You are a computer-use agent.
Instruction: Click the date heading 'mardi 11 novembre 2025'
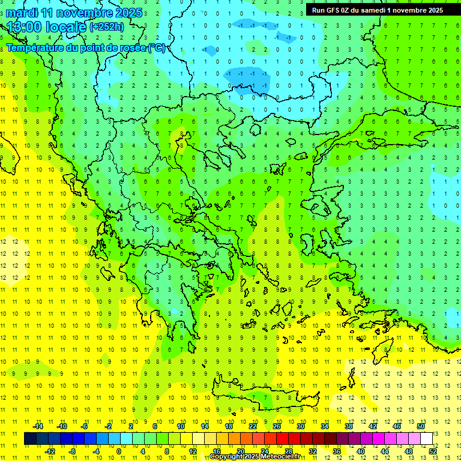[x=74, y=13]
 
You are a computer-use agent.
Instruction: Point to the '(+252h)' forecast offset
[x=107, y=27]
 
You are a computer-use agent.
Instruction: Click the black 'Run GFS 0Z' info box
[x=377, y=10]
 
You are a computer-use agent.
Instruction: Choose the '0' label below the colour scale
[x=119, y=451]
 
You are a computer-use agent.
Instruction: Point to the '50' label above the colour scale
[x=420, y=426]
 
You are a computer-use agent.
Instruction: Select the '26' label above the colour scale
[x=277, y=426]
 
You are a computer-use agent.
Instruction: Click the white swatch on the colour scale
[x=426, y=438]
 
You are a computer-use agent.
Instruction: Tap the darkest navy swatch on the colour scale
[x=30, y=438]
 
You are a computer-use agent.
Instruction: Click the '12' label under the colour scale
[x=193, y=451]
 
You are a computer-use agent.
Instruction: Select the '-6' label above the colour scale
[x=85, y=426]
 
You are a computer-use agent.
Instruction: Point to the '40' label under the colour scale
[x=360, y=451]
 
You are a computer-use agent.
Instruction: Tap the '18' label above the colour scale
[x=229, y=426]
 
